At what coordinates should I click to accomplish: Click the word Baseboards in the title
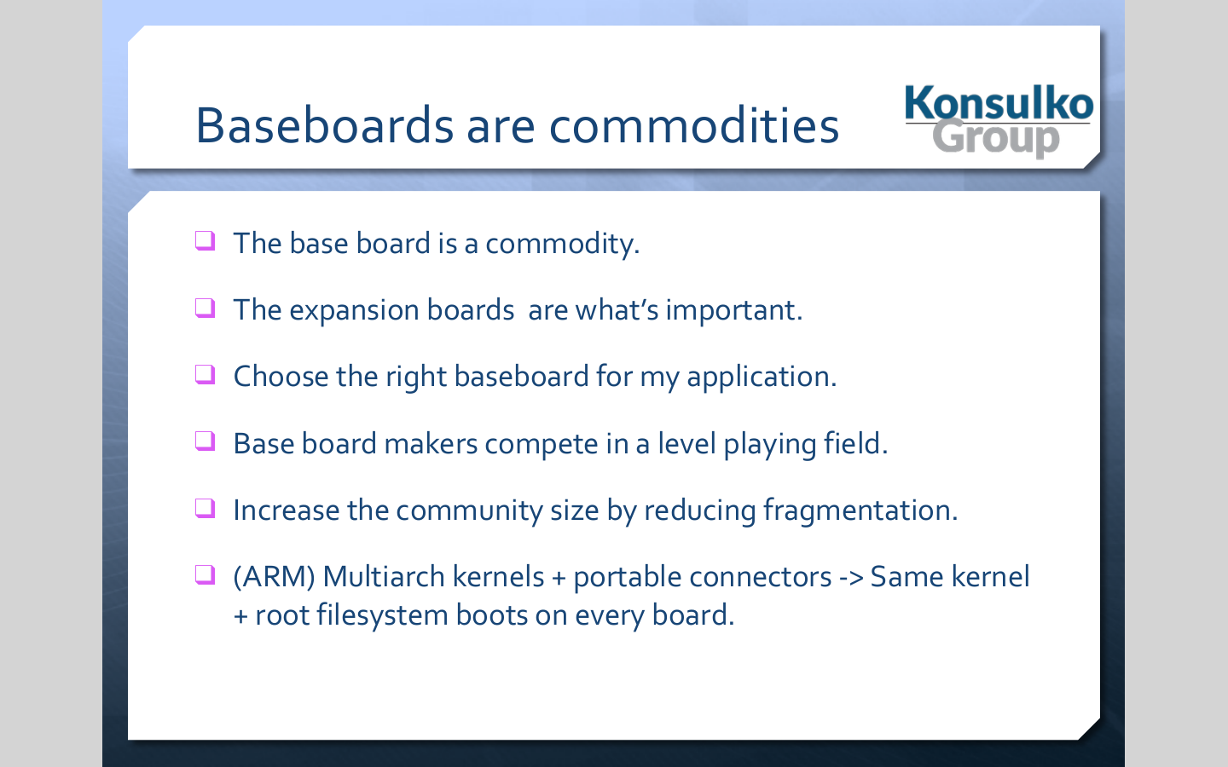point(325,125)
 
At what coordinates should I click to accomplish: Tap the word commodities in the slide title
point(694,125)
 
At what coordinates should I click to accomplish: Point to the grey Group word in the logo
point(996,139)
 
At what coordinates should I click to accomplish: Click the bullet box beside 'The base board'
point(205,240)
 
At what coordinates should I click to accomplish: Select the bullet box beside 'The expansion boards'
point(205,308)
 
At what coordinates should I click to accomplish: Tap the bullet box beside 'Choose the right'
point(205,375)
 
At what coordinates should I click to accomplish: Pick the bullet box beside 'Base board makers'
point(205,441)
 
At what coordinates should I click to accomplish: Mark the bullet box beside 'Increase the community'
point(205,509)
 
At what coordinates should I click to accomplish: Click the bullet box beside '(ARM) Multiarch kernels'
point(205,575)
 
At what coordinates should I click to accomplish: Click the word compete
point(541,444)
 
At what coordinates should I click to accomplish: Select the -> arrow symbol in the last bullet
point(851,579)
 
